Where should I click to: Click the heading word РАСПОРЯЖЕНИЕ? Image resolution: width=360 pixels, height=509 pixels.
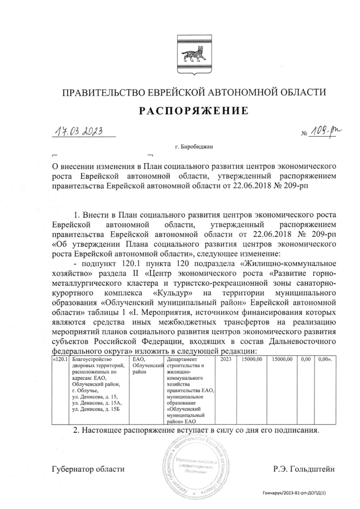(x=193, y=111)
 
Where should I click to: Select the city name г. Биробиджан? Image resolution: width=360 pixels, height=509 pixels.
(x=193, y=147)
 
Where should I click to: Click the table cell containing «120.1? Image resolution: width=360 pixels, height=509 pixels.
(x=59, y=359)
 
